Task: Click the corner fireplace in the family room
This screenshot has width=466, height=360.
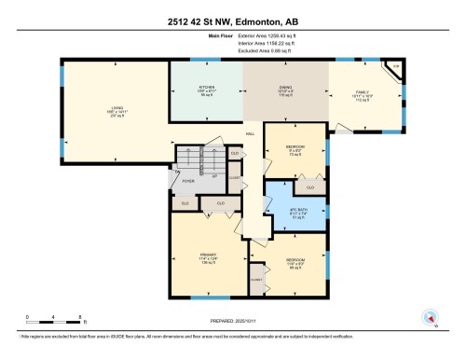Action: coord(395,68)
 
